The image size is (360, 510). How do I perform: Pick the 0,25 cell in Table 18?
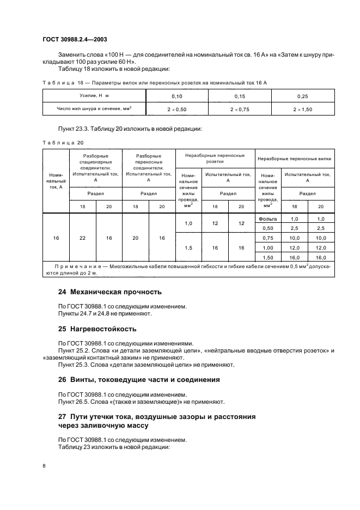(303, 96)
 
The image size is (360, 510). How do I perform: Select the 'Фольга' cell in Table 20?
(268, 218)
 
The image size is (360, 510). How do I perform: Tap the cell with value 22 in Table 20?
(82, 238)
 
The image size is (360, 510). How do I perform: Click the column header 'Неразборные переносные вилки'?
(295, 159)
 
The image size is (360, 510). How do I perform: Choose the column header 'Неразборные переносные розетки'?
(215, 158)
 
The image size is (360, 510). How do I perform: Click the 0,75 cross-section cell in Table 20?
(268, 238)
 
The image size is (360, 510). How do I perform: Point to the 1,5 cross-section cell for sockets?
(188, 247)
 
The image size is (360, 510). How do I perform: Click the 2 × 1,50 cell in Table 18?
(303, 109)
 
